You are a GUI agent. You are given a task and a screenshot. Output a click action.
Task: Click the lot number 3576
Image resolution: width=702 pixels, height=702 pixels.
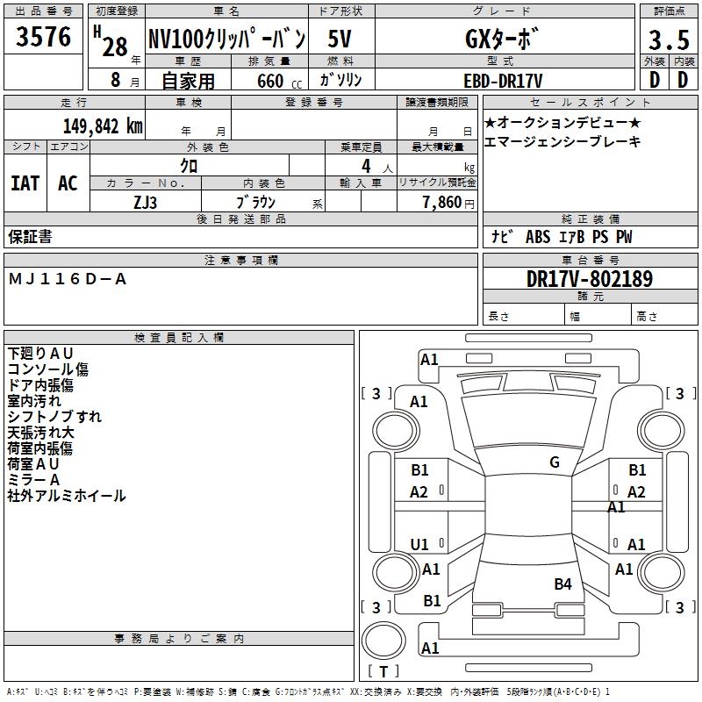click(43, 37)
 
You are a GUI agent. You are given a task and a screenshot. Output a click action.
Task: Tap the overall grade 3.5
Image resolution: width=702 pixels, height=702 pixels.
click(669, 40)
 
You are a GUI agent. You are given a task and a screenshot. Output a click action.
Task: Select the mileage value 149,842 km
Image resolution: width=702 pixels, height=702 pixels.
click(103, 126)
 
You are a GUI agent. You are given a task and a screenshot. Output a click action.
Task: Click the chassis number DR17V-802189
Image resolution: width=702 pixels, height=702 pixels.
click(590, 279)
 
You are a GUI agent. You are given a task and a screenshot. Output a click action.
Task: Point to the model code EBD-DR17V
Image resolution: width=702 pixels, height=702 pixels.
click(503, 81)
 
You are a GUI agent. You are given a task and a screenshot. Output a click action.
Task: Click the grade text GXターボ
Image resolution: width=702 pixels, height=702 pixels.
click(502, 39)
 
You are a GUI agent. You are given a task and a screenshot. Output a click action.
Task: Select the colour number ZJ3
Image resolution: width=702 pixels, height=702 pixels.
click(145, 203)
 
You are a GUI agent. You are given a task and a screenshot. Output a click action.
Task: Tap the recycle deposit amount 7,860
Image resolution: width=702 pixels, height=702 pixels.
click(442, 203)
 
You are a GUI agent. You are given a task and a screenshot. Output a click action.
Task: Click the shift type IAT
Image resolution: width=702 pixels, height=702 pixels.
click(25, 183)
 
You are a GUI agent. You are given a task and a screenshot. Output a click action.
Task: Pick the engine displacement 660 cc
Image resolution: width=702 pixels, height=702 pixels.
click(279, 82)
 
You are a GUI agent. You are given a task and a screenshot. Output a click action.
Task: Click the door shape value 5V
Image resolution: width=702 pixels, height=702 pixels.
click(340, 39)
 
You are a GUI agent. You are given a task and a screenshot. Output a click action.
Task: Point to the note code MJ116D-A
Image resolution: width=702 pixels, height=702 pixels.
click(68, 279)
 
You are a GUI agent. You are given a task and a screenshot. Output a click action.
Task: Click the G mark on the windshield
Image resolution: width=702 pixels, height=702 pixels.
click(555, 462)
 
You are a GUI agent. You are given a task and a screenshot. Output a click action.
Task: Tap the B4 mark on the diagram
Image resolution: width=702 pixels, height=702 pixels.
click(562, 584)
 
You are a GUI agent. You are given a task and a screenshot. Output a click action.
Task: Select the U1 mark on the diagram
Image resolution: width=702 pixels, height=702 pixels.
click(419, 544)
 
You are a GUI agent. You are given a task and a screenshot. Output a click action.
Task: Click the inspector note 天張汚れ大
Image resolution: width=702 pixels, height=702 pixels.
click(40, 433)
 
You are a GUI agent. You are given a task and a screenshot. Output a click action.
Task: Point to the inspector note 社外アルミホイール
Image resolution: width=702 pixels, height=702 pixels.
click(67, 496)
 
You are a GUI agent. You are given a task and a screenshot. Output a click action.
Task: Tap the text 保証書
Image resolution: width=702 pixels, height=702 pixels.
click(30, 236)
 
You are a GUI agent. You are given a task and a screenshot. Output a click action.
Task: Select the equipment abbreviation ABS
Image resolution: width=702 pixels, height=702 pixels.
click(538, 237)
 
